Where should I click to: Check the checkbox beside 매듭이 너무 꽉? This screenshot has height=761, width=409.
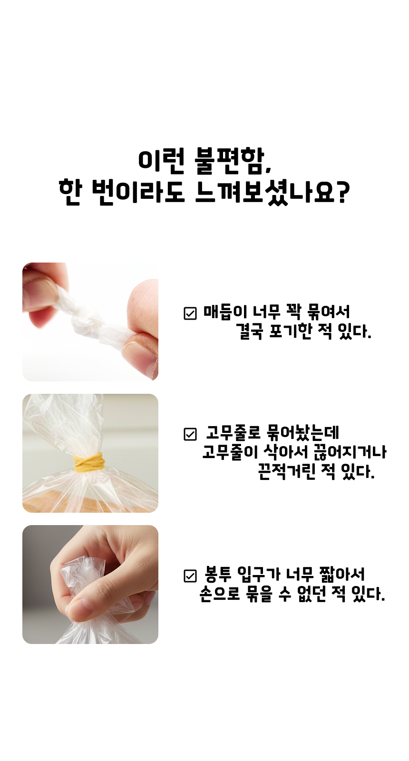(x=190, y=313)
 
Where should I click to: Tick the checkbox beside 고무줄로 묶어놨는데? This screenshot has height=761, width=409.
(x=190, y=434)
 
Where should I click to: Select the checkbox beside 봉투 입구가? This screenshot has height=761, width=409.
(x=190, y=576)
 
